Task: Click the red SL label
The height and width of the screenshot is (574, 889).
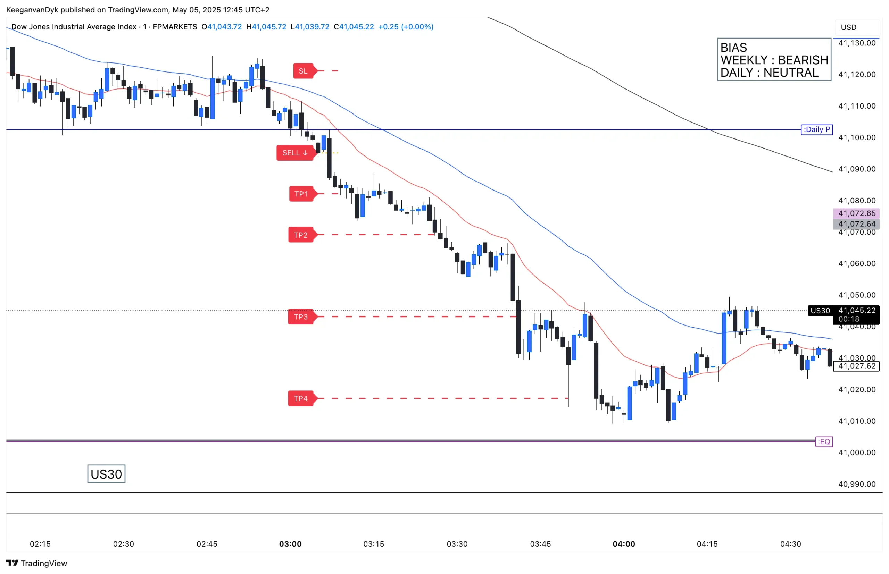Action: (303, 71)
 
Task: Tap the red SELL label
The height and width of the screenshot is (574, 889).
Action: (294, 153)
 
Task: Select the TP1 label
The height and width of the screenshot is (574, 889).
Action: (301, 194)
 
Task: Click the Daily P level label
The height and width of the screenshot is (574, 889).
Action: (816, 130)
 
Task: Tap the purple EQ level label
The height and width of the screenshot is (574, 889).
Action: (823, 442)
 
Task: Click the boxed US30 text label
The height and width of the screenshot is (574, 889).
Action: (106, 474)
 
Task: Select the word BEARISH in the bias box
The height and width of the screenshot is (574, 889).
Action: (803, 60)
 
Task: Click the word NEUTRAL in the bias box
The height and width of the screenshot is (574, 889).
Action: (791, 73)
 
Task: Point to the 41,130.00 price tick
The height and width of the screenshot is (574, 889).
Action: (857, 43)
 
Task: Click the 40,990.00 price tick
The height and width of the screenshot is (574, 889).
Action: (857, 484)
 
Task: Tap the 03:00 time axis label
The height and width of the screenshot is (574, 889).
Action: (290, 544)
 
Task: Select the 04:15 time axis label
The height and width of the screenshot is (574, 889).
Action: (707, 544)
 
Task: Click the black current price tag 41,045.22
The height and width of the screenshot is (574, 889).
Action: (857, 311)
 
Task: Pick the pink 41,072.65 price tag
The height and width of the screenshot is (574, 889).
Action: (857, 213)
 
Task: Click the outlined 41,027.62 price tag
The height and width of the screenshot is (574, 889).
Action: (857, 366)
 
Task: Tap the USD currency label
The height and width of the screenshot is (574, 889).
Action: (848, 27)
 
